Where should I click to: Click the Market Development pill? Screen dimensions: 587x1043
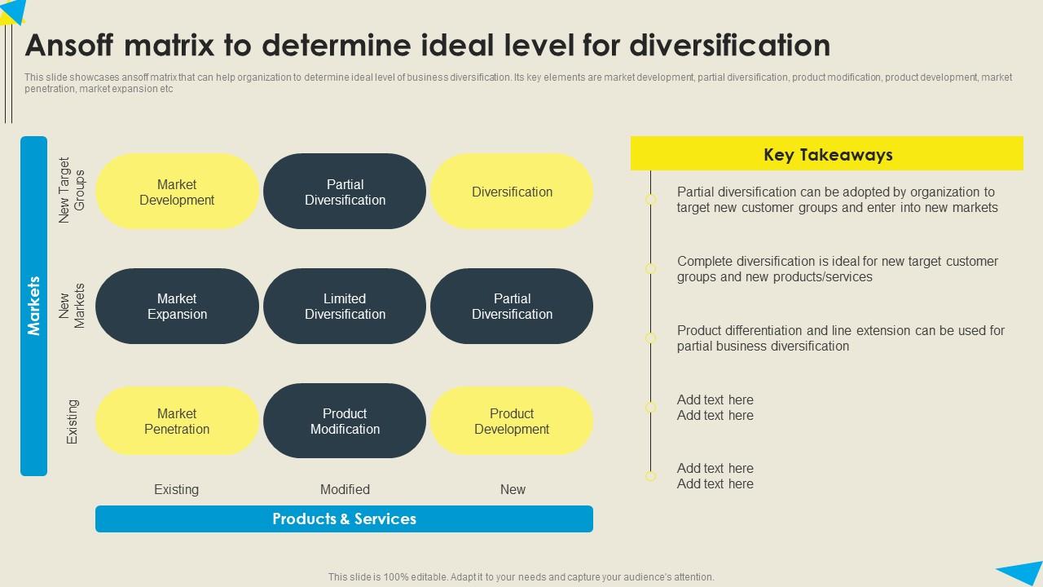(x=177, y=192)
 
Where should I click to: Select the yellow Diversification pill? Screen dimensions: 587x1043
(x=512, y=192)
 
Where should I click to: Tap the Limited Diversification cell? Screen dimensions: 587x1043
(x=345, y=307)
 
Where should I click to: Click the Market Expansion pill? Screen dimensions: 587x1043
(x=177, y=307)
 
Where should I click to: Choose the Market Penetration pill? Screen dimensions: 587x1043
(x=177, y=421)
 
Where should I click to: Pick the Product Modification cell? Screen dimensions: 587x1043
(x=345, y=421)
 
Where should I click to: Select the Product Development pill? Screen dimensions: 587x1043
(x=512, y=421)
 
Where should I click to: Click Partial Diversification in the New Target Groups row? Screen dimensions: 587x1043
(x=345, y=192)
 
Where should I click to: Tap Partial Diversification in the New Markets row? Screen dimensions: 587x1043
(x=512, y=307)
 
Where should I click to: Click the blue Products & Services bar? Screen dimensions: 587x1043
(x=344, y=519)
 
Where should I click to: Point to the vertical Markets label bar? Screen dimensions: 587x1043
(x=33, y=306)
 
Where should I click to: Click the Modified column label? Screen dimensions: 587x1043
(x=345, y=489)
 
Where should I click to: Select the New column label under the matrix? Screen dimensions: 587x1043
(x=513, y=489)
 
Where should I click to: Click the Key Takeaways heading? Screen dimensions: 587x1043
(x=827, y=154)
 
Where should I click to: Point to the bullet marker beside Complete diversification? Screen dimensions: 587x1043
(x=650, y=268)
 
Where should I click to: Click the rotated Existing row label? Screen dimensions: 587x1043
(x=73, y=421)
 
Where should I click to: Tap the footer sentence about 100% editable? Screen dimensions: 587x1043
(x=521, y=576)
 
